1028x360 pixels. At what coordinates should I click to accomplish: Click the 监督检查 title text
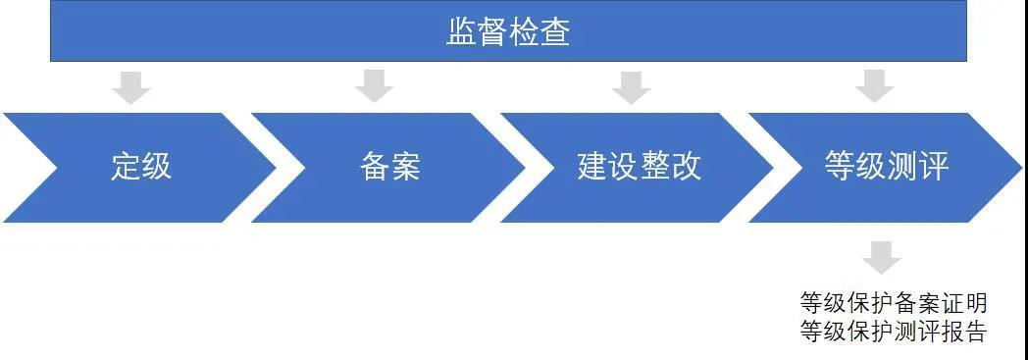pyautogui.click(x=508, y=33)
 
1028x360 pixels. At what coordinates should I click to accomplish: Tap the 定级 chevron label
pyautogui.click(x=141, y=167)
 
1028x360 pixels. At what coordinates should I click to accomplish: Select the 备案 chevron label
pyautogui.click(x=389, y=167)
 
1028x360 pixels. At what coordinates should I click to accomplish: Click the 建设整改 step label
pyautogui.click(x=639, y=167)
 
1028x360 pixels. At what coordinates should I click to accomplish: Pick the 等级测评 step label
pyautogui.click(x=887, y=167)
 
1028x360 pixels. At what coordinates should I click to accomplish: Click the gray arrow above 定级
pyautogui.click(x=130, y=86)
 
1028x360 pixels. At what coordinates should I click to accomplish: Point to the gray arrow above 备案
pyautogui.click(x=374, y=86)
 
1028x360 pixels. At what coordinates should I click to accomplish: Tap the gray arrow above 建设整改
pyautogui.click(x=631, y=86)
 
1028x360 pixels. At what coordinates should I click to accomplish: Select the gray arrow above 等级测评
pyautogui.click(x=874, y=86)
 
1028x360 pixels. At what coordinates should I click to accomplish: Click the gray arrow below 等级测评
pyautogui.click(x=882, y=258)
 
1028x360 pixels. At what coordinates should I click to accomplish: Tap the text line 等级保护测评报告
pyautogui.click(x=893, y=332)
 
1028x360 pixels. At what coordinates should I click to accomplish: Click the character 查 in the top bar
pyautogui.click(x=555, y=33)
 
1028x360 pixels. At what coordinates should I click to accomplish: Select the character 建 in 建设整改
pyautogui.click(x=592, y=167)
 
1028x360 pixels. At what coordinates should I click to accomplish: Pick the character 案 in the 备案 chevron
pyautogui.click(x=405, y=167)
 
